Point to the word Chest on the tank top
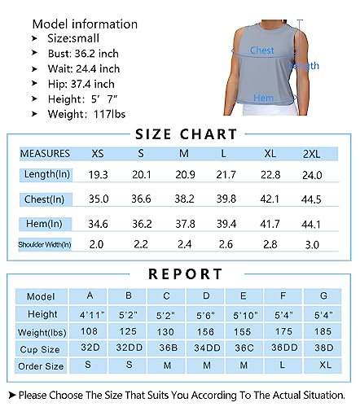click(261, 50)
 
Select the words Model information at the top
click(85, 24)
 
